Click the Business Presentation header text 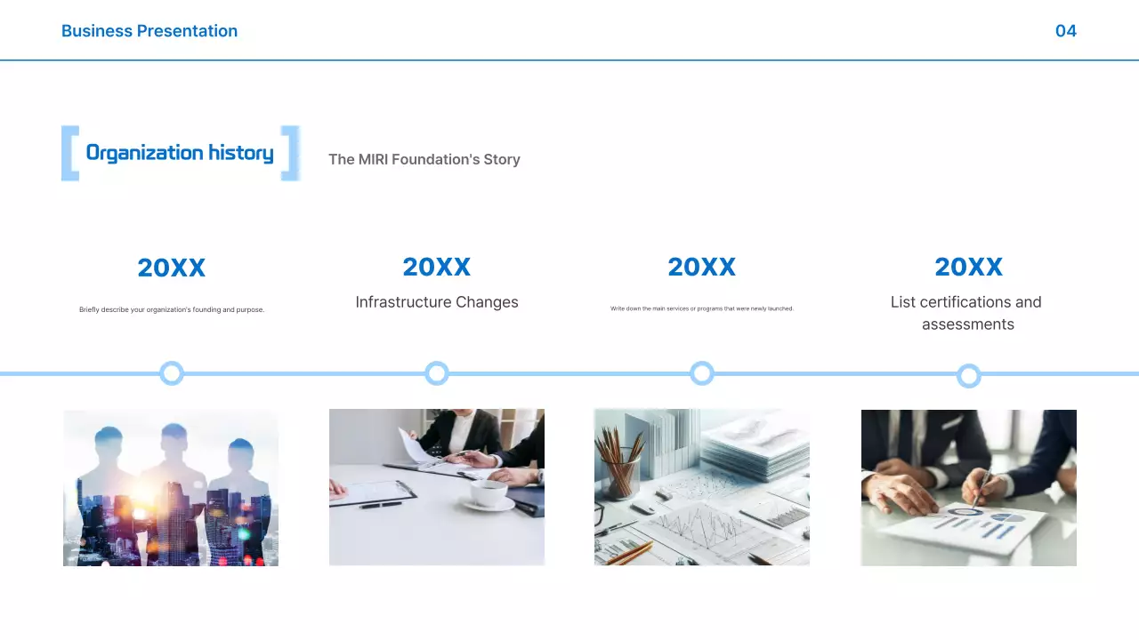(149, 31)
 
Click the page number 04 (1065, 31)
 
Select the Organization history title (180, 153)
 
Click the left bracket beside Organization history (69, 154)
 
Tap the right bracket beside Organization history (290, 154)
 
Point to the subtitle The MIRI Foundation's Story (424, 159)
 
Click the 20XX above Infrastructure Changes (436, 267)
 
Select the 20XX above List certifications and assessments (968, 267)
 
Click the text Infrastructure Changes (436, 302)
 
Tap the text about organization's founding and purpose (172, 309)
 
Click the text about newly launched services (701, 308)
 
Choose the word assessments (968, 324)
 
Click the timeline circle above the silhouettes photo (172, 373)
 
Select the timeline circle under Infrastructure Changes (437, 373)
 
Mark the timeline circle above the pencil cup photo (702, 373)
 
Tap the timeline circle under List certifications (969, 376)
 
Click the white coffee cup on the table (489, 492)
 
